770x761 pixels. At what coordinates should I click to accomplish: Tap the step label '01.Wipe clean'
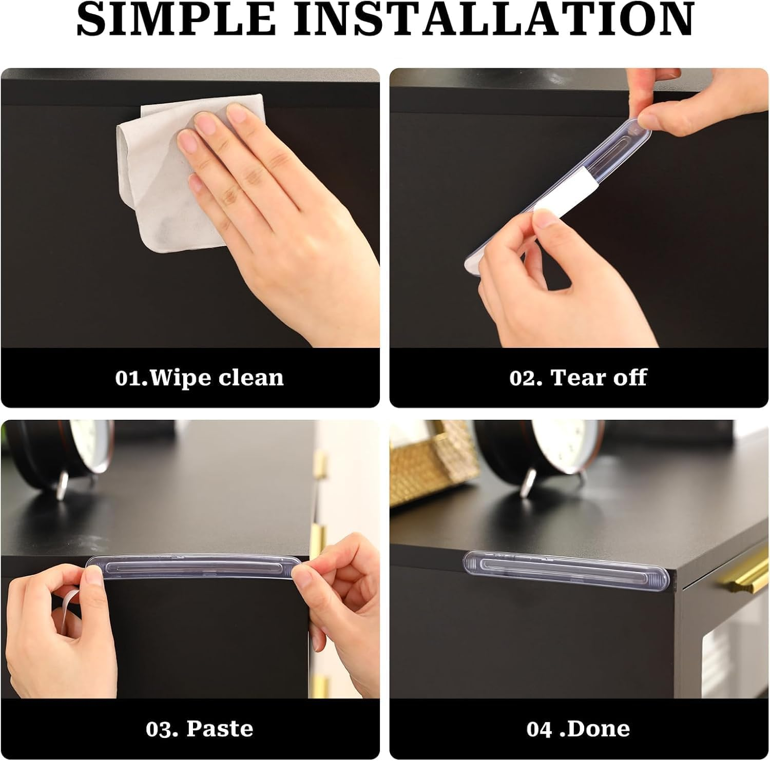[199, 378]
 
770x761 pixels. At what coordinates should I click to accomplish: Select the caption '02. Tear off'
[578, 378]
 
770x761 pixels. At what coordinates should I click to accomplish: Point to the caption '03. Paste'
[199, 729]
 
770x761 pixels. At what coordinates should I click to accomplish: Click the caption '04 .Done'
[578, 729]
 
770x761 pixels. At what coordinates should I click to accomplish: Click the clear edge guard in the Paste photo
[195, 569]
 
